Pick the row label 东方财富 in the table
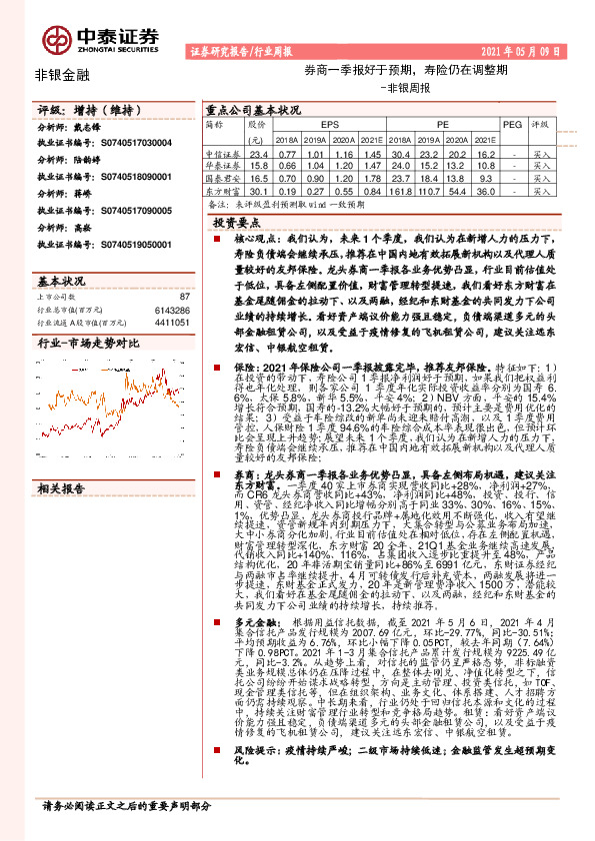pos(222,191)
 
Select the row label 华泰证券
pos(222,166)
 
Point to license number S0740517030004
pos(131,144)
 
